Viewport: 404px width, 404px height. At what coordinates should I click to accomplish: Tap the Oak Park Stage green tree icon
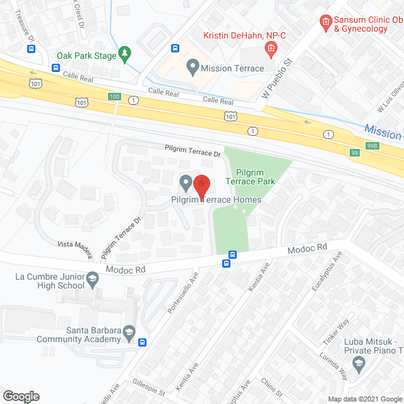coord(126,55)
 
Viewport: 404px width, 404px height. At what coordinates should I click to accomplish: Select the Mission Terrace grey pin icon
coord(192,67)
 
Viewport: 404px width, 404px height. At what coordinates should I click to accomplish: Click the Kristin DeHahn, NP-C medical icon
coord(270,47)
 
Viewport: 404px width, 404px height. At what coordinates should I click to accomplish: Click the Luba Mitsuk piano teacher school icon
coord(359,362)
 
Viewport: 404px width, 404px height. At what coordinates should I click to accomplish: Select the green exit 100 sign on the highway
coord(114,97)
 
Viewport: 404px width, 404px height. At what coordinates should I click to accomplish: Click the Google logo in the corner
coord(21,396)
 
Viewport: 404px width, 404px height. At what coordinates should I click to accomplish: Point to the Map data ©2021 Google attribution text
coord(364,398)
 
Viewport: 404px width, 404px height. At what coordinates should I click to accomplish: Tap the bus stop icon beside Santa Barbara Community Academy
coord(143,343)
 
